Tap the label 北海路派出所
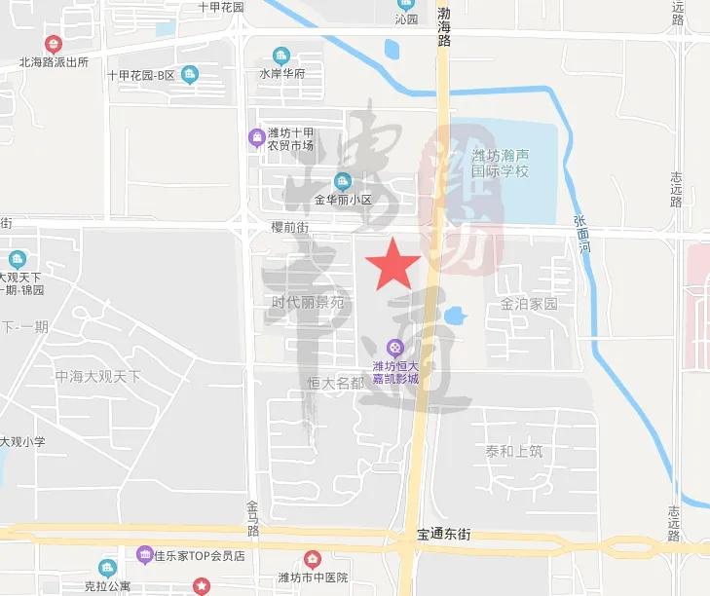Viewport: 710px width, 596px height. click(54, 62)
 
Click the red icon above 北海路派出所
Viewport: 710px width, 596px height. click(53, 44)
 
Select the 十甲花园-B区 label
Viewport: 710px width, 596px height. click(140, 75)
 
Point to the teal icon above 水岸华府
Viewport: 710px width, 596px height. click(281, 56)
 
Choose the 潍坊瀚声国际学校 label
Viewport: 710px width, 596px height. click(500, 163)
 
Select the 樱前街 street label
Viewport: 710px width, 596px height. click(290, 226)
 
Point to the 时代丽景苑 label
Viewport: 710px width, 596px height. click(308, 303)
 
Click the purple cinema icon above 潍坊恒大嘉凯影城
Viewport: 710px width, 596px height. click(394, 347)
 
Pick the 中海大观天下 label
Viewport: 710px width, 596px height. click(97, 376)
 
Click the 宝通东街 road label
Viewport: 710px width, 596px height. click(443, 535)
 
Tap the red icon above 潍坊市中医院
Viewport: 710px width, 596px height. click(312, 559)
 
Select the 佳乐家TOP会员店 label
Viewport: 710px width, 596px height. click(199, 556)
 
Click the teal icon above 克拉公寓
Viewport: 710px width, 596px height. click(107, 568)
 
